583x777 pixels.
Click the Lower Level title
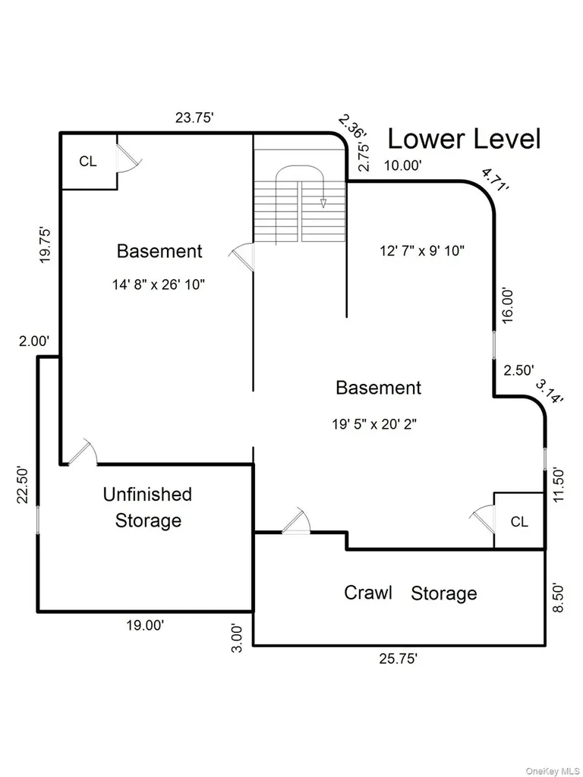tap(464, 140)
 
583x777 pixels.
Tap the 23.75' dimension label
tap(194, 118)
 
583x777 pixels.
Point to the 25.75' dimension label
tap(399, 659)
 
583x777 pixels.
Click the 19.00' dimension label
tap(145, 625)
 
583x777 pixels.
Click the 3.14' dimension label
tap(550, 392)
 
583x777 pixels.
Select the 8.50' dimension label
tap(559, 597)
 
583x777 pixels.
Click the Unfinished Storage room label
tap(148, 508)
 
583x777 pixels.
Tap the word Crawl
tap(368, 593)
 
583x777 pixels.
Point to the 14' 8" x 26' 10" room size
tap(159, 285)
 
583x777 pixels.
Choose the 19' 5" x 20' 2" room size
tap(375, 424)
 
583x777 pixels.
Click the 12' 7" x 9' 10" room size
tap(422, 250)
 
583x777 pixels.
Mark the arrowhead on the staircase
tap(323, 203)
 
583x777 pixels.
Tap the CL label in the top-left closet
tap(88, 162)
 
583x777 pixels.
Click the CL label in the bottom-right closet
tap(519, 521)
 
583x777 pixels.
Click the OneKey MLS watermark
tap(552, 771)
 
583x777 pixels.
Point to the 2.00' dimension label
tap(33, 341)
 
